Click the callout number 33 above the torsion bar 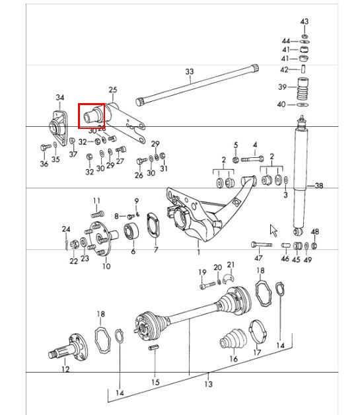click(x=190, y=71)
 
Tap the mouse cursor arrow click(x=273, y=230)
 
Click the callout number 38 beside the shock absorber click(x=319, y=186)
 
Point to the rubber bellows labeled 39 click(x=304, y=89)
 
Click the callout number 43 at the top click(x=305, y=21)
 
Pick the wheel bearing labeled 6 click(x=131, y=231)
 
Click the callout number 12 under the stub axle click(x=65, y=369)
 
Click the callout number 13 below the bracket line click(x=208, y=384)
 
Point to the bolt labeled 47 click(x=262, y=245)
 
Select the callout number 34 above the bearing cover click(x=60, y=98)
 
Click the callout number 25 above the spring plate click(x=113, y=90)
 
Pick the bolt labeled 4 click(x=252, y=159)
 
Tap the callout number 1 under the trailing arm click(x=198, y=251)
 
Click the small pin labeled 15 click(x=153, y=347)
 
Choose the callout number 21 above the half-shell click(x=231, y=265)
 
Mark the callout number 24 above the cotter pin click(x=66, y=229)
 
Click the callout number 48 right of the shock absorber click(x=315, y=232)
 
